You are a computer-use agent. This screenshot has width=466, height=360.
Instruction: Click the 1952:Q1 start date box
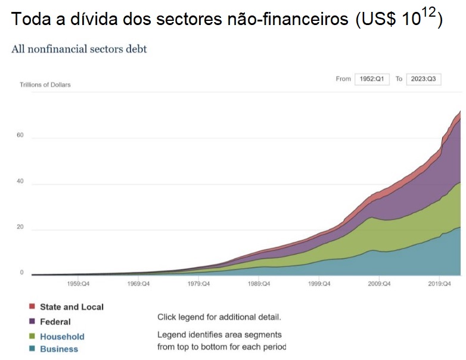pyautogui.click(x=372, y=79)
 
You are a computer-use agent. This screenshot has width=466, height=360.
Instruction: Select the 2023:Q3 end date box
pyautogui.click(x=423, y=79)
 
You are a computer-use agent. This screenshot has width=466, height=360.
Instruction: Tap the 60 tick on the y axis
pyautogui.click(x=20, y=135)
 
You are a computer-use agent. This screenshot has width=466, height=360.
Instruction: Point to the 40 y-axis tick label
pyautogui.click(x=20, y=181)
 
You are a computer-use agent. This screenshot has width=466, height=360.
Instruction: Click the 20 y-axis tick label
pyautogui.click(x=20, y=227)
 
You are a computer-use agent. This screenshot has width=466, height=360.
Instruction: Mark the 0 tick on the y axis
pyautogui.click(x=21, y=272)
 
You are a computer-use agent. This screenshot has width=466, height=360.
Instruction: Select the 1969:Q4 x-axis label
pyautogui.click(x=138, y=284)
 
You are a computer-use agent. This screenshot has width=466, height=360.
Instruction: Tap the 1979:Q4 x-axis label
pyautogui.click(x=198, y=284)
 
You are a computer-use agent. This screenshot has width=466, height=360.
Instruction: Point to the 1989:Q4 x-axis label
pyautogui.click(x=259, y=284)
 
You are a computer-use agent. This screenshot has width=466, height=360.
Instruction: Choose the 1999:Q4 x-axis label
pyautogui.click(x=319, y=284)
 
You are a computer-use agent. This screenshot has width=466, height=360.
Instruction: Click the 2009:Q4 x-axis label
pyautogui.click(x=379, y=284)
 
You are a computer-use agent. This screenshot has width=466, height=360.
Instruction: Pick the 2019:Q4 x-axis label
pyautogui.click(x=439, y=284)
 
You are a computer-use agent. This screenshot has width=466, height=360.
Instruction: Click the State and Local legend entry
pyautogui.click(x=72, y=307)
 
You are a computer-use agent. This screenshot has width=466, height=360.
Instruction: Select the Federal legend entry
pyautogui.click(x=55, y=322)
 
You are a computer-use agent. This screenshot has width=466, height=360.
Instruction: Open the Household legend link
pyautogui.click(x=62, y=337)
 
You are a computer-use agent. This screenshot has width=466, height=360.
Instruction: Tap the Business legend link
pyautogui.click(x=58, y=349)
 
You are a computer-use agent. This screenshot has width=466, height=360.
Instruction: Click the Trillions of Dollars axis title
pyautogui.click(x=45, y=85)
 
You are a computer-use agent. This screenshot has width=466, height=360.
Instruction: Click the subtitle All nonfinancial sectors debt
pyautogui.click(x=79, y=49)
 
